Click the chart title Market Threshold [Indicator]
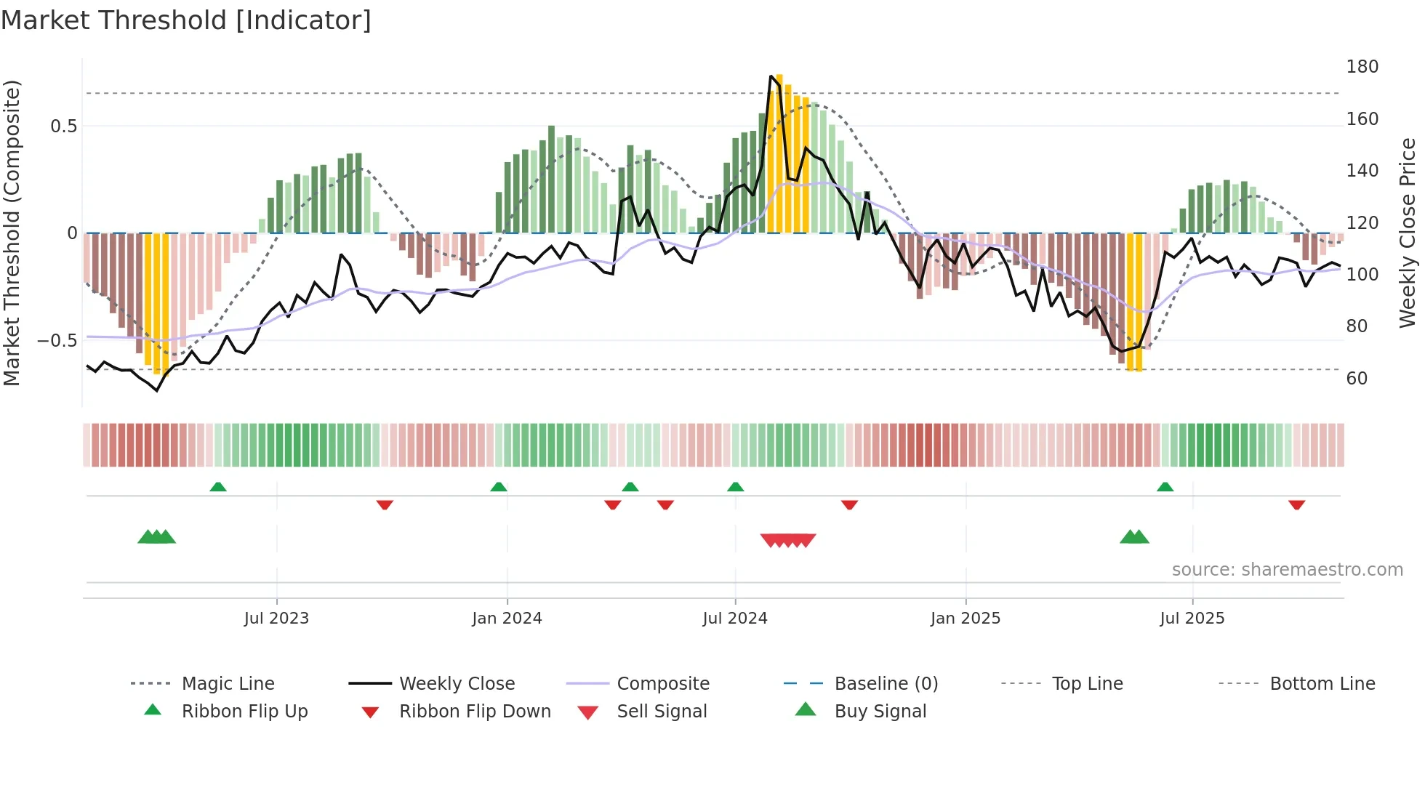(x=186, y=20)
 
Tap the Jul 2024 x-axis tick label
(x=734, y=619)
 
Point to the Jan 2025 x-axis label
(x=965, y=619)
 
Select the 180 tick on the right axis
(x=1362, y=67)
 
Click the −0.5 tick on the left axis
(x=57, y=341)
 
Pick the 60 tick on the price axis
(x=1357, y=379)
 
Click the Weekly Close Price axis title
(x=1408, y=233)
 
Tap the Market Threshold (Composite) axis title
(x=12, y=233)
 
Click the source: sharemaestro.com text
(x=1287, y=570)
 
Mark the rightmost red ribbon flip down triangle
(x=1296, y=504)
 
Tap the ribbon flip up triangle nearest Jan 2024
(x=498, y=487)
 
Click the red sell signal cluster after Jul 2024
(x=788, y=540)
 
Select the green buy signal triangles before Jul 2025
(x=1134, y=537)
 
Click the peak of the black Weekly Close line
(x=771, y=76)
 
